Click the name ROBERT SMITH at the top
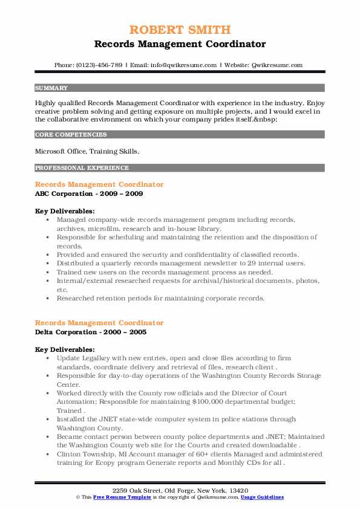(180, 30)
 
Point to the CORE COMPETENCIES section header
(71, 135)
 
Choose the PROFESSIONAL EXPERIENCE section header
(82, 167)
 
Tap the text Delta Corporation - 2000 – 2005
(91, 332)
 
